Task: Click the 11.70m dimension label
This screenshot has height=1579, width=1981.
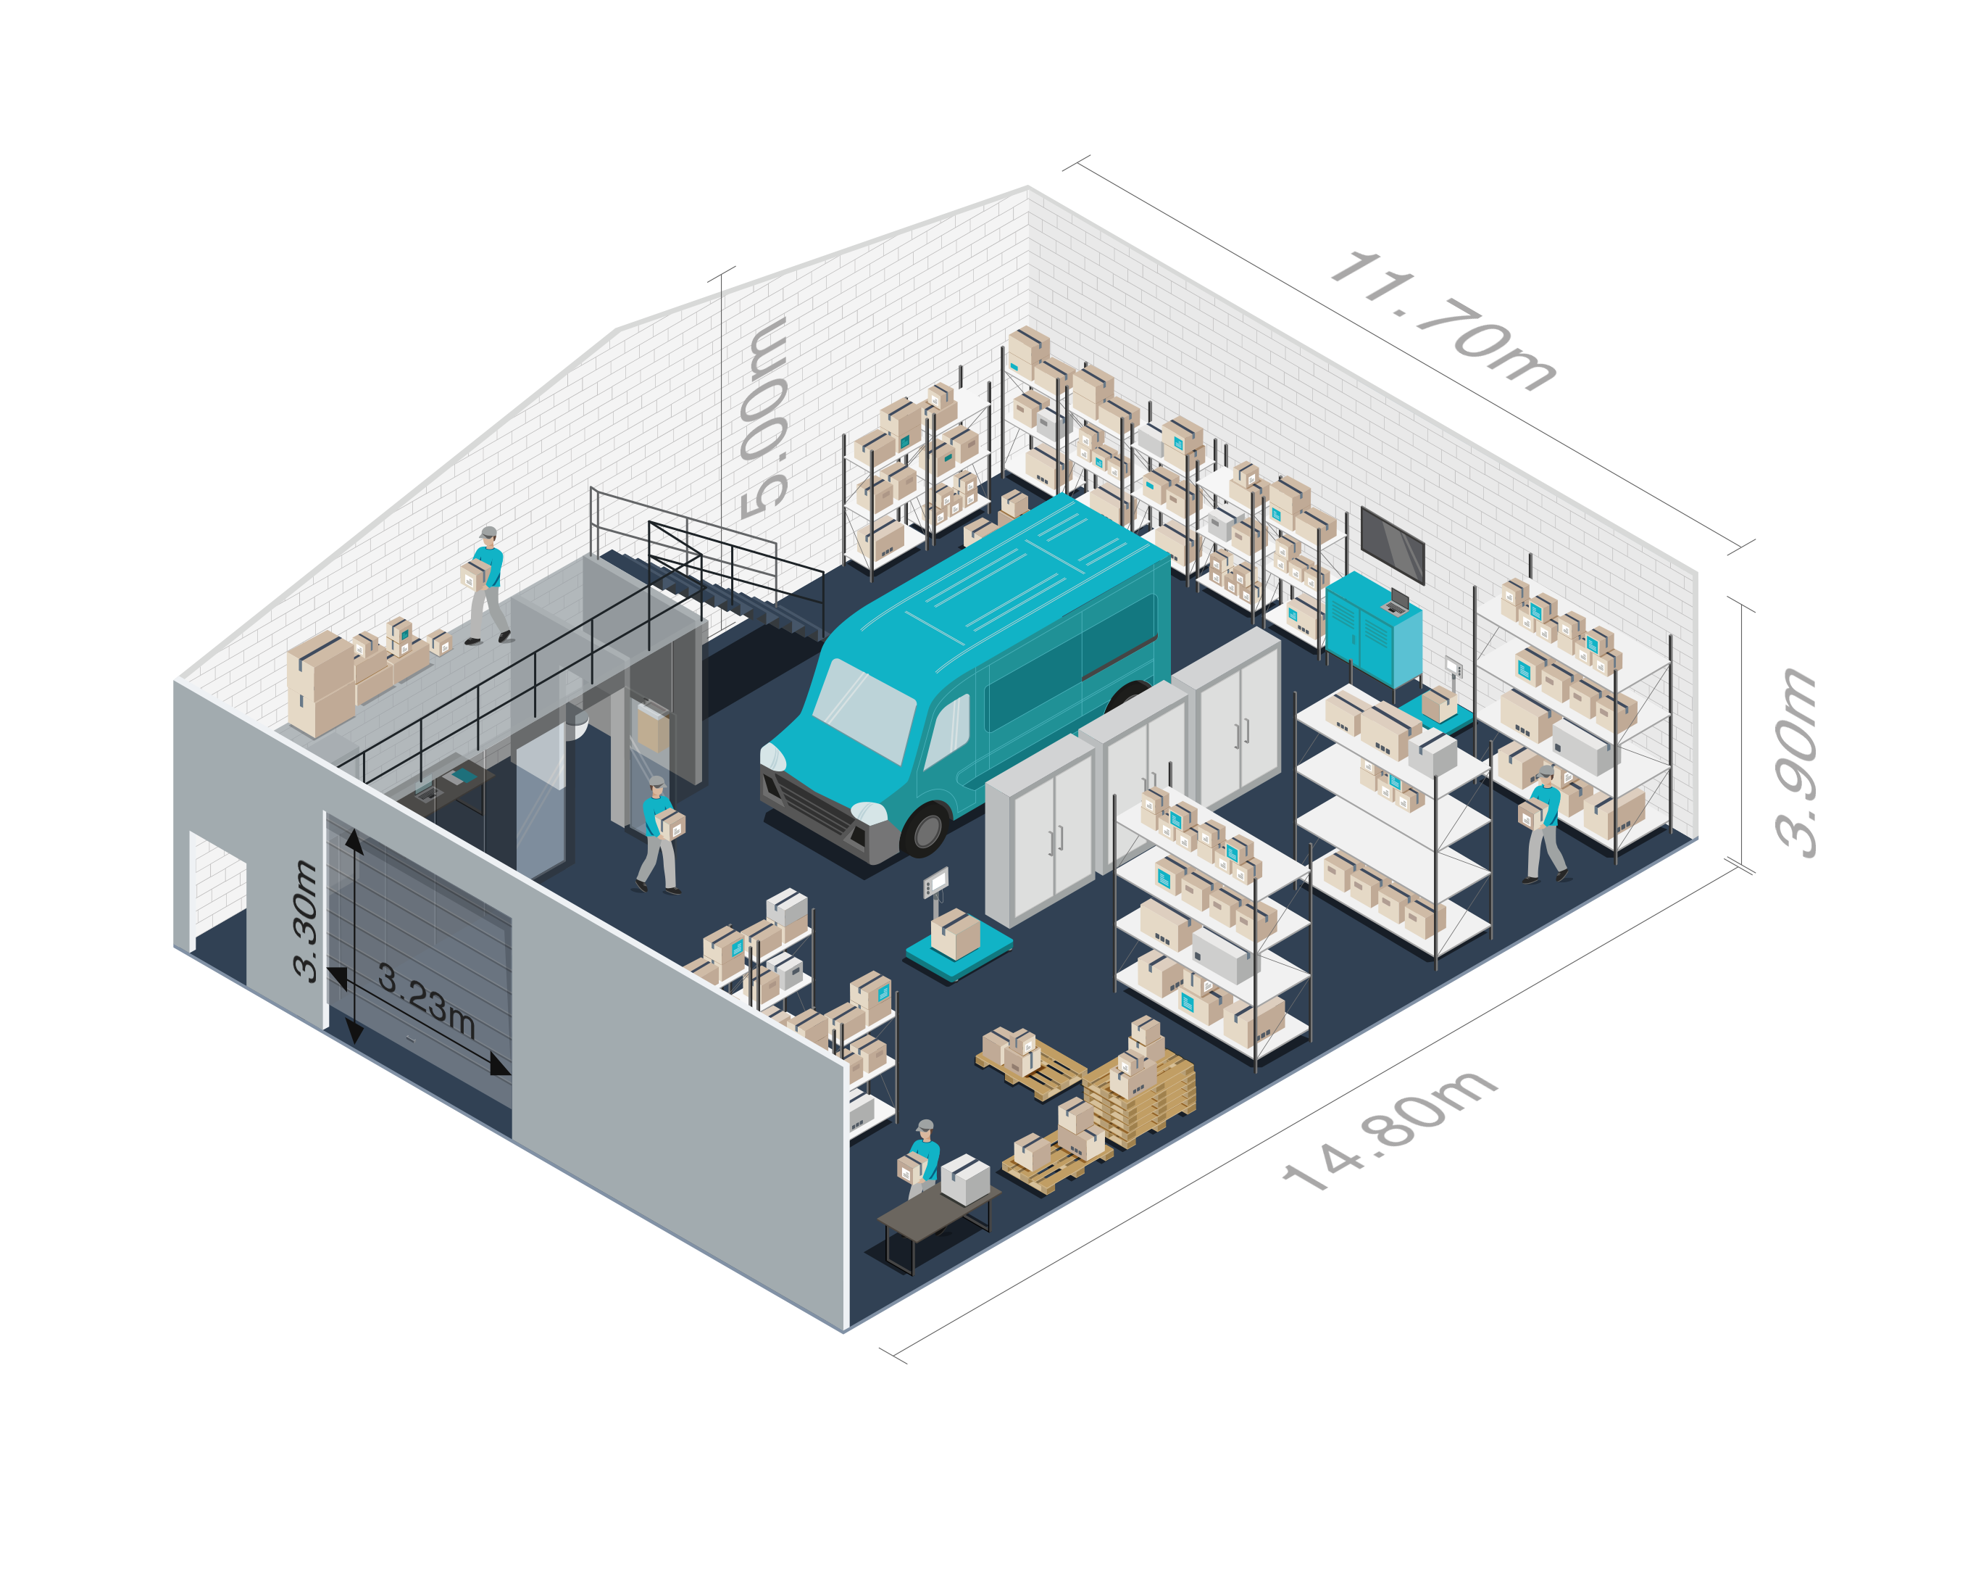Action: click(x=1443, y=319)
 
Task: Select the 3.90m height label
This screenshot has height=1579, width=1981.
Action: click(x=1796, y=762)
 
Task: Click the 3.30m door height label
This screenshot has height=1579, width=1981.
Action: click(x=305, y=920)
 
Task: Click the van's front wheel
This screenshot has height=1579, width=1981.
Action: click(x=925, y=829)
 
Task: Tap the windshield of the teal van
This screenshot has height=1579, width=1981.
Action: click(x=864, y=708)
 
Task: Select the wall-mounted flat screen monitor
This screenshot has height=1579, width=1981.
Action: click(x=1393, y=545)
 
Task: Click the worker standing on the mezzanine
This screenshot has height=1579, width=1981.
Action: click(x=486, y=586)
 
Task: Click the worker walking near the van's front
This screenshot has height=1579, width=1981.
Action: click(x=659, y=834)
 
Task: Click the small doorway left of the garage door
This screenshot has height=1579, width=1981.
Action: click(x=218, y=889)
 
